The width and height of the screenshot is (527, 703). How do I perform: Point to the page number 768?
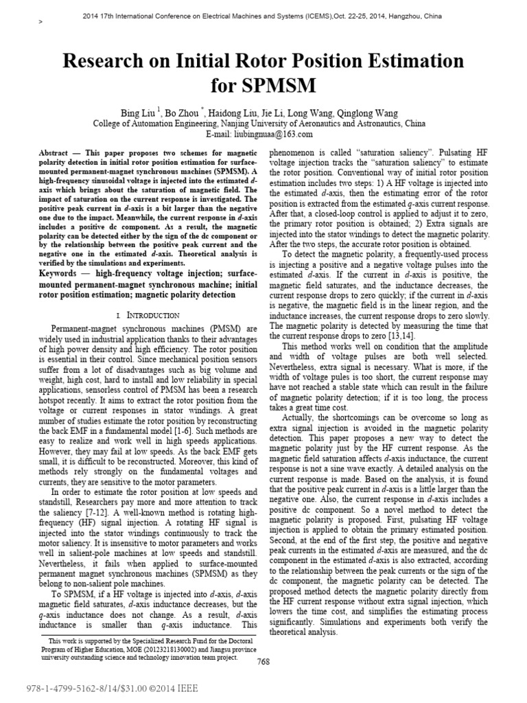[263, 662]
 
